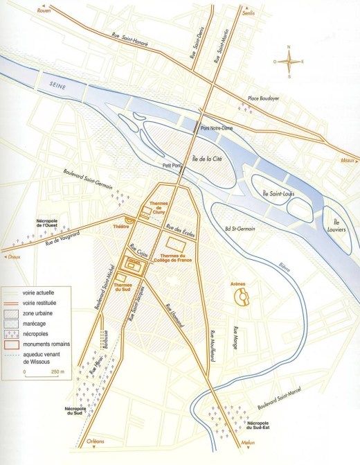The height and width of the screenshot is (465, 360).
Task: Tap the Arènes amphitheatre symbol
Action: click(x=243, y=297)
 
